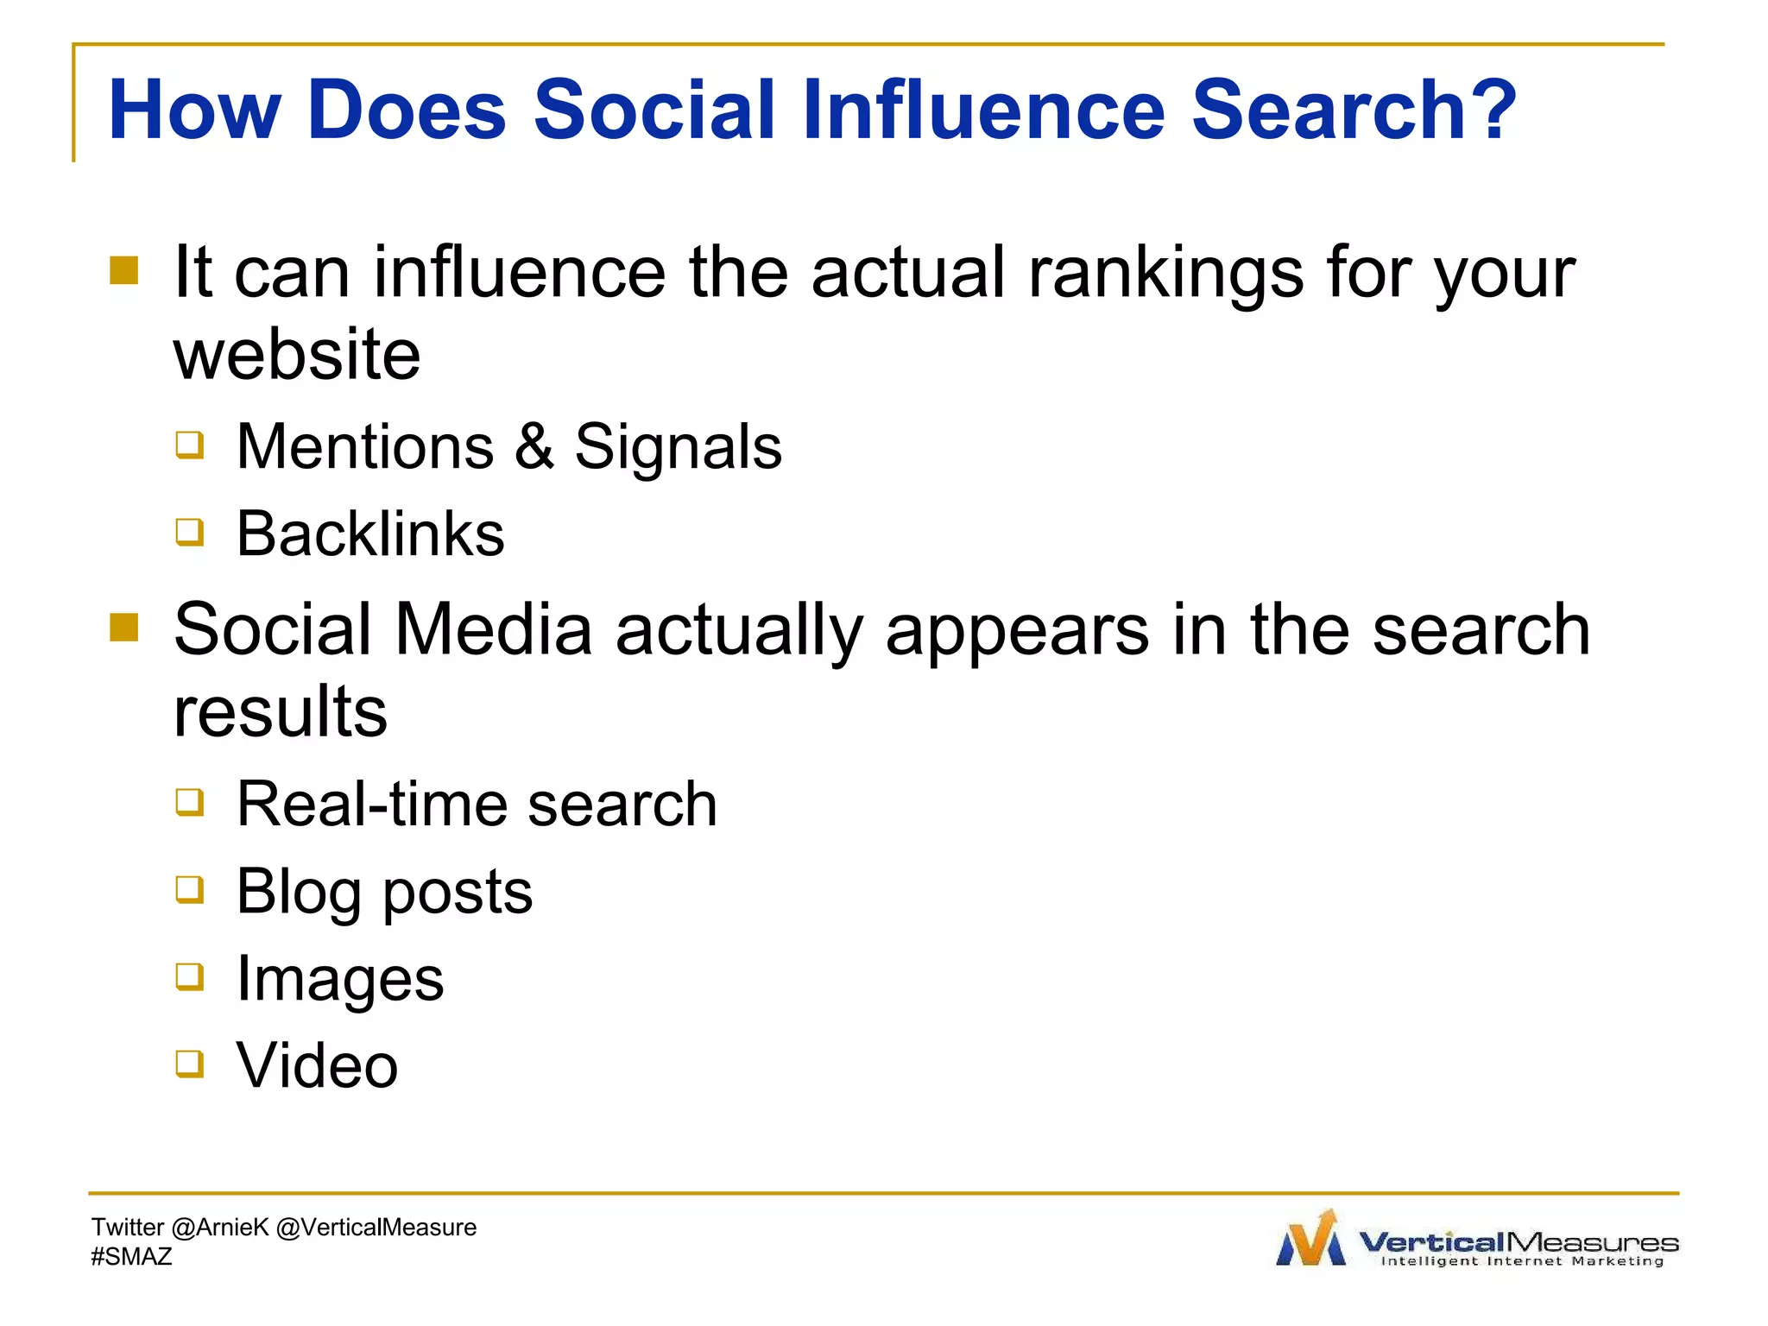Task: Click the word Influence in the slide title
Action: click(x=983, y=110)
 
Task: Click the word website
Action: click(x=297, y=355)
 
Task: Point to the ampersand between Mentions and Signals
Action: click(x=534, y=446)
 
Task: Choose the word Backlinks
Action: click(x=370, y=534)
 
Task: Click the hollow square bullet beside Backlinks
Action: click(x=190, y=532)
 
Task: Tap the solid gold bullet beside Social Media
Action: click(x=124, y=628)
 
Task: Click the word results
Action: click(x=281, y=712)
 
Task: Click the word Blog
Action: click(x=298, y=893)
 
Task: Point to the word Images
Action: click(x=340, y=980)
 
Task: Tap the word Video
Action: click(x=317, y=1066)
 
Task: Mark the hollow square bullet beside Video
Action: click(x=190, y=1064)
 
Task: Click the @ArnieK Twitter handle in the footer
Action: click(x=220, y=1228)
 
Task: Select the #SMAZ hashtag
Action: click(x=131, y=1257)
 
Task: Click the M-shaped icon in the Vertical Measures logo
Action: click(x=1310, y=1240)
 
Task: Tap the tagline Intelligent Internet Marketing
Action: click(x=1522, y=1261)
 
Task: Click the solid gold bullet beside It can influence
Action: click(x=124, y=270)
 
